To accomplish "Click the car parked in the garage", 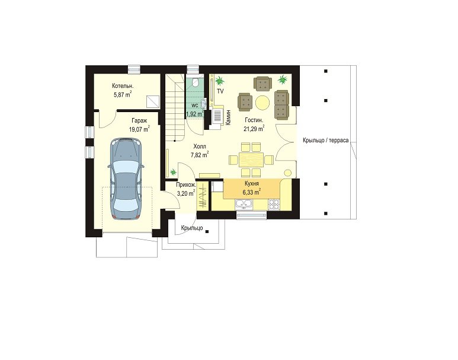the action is coord(126,179).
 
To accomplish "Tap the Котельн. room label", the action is coord(123,86).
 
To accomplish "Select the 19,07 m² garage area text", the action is coord(139,129).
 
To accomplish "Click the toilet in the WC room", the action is coord(196,82).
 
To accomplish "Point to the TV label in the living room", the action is coord(220,91).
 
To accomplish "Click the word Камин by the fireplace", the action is coord(229,117).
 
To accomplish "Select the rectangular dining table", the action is coord(251,160).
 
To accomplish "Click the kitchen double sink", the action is coord(244,203).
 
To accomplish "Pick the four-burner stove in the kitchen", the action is coord(274,204).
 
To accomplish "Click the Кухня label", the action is coord(251,184).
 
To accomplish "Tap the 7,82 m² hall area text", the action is coord(200,155).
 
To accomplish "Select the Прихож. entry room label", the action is coord(186,185).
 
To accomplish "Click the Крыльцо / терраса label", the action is coord(326,141).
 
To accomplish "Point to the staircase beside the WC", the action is coord(175,107).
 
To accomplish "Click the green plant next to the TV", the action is coord(219,79).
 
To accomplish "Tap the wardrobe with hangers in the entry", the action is coord(203,195).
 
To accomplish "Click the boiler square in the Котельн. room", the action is coord(153,101).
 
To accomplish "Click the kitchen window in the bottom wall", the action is coord(251,215).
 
